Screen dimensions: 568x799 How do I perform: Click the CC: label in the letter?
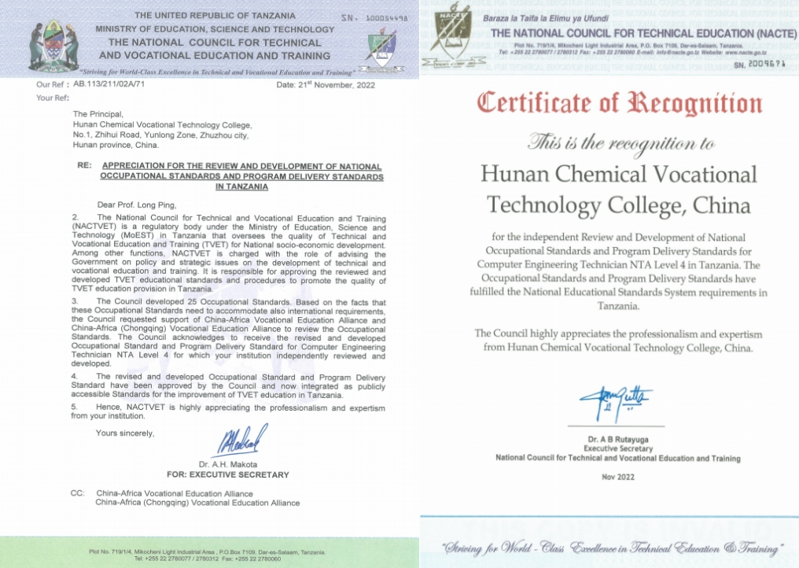pyautogui.click(x=77, y=493)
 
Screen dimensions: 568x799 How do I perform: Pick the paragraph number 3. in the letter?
pyautogui.click(x=75, y=301)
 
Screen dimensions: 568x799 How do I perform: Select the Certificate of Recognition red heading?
pyautogui.click(x=620, y=103)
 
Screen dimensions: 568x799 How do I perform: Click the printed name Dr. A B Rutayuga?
pyautogui.click(x=617, y=439)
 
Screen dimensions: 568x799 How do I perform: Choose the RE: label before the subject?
pyautogui.click(x=83, y=167)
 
